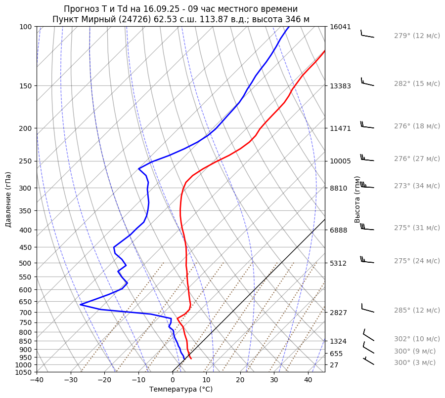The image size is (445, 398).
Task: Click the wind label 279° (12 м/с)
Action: click(x=417, y=36)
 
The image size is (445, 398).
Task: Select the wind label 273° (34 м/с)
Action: click(x=417, y=186)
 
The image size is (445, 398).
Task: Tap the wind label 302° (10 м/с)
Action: click(x=417, y=339)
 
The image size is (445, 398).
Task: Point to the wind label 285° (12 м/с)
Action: click(x=417, y=310)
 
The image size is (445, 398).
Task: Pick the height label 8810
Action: click(x=339, y=188)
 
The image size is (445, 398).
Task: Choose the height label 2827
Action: click(x=339, y=313)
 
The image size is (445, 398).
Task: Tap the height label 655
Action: click(x=337, y=354)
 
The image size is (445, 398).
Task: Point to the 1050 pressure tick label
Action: click(x=24, y=372)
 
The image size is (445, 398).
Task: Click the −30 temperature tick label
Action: click(x=71, y=380)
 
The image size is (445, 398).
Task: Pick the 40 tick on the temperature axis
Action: click(x=308, y=380)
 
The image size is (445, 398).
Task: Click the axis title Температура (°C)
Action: click(x=181, y=389)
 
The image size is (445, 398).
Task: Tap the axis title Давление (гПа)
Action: click(x=8, y=199)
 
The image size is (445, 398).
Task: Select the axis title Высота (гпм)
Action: click(x=357, y=199)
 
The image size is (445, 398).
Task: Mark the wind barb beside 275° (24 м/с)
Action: click(x=367, y=260)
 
